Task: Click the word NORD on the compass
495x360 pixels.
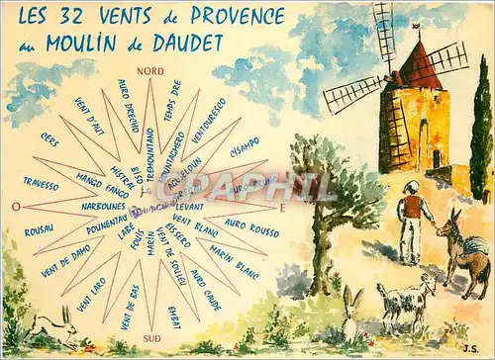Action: pyautogui.click(x=150, y=71)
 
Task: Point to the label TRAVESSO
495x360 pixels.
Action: pyautogui.click(x=42, y=182)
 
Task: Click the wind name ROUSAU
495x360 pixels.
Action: pyautogui.click(x=39, y=231)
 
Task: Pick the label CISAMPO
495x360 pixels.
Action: pyautogui.click(x=244, y=140)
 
